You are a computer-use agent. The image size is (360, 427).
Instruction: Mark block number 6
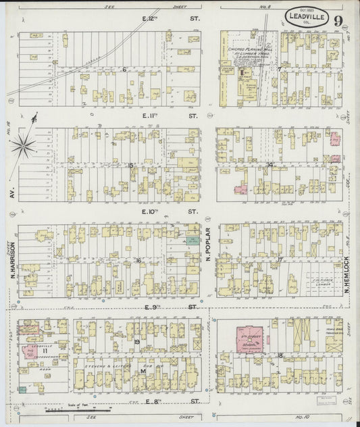[x=125, y=69]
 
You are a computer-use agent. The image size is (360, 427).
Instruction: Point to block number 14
[x=270, y=164]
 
